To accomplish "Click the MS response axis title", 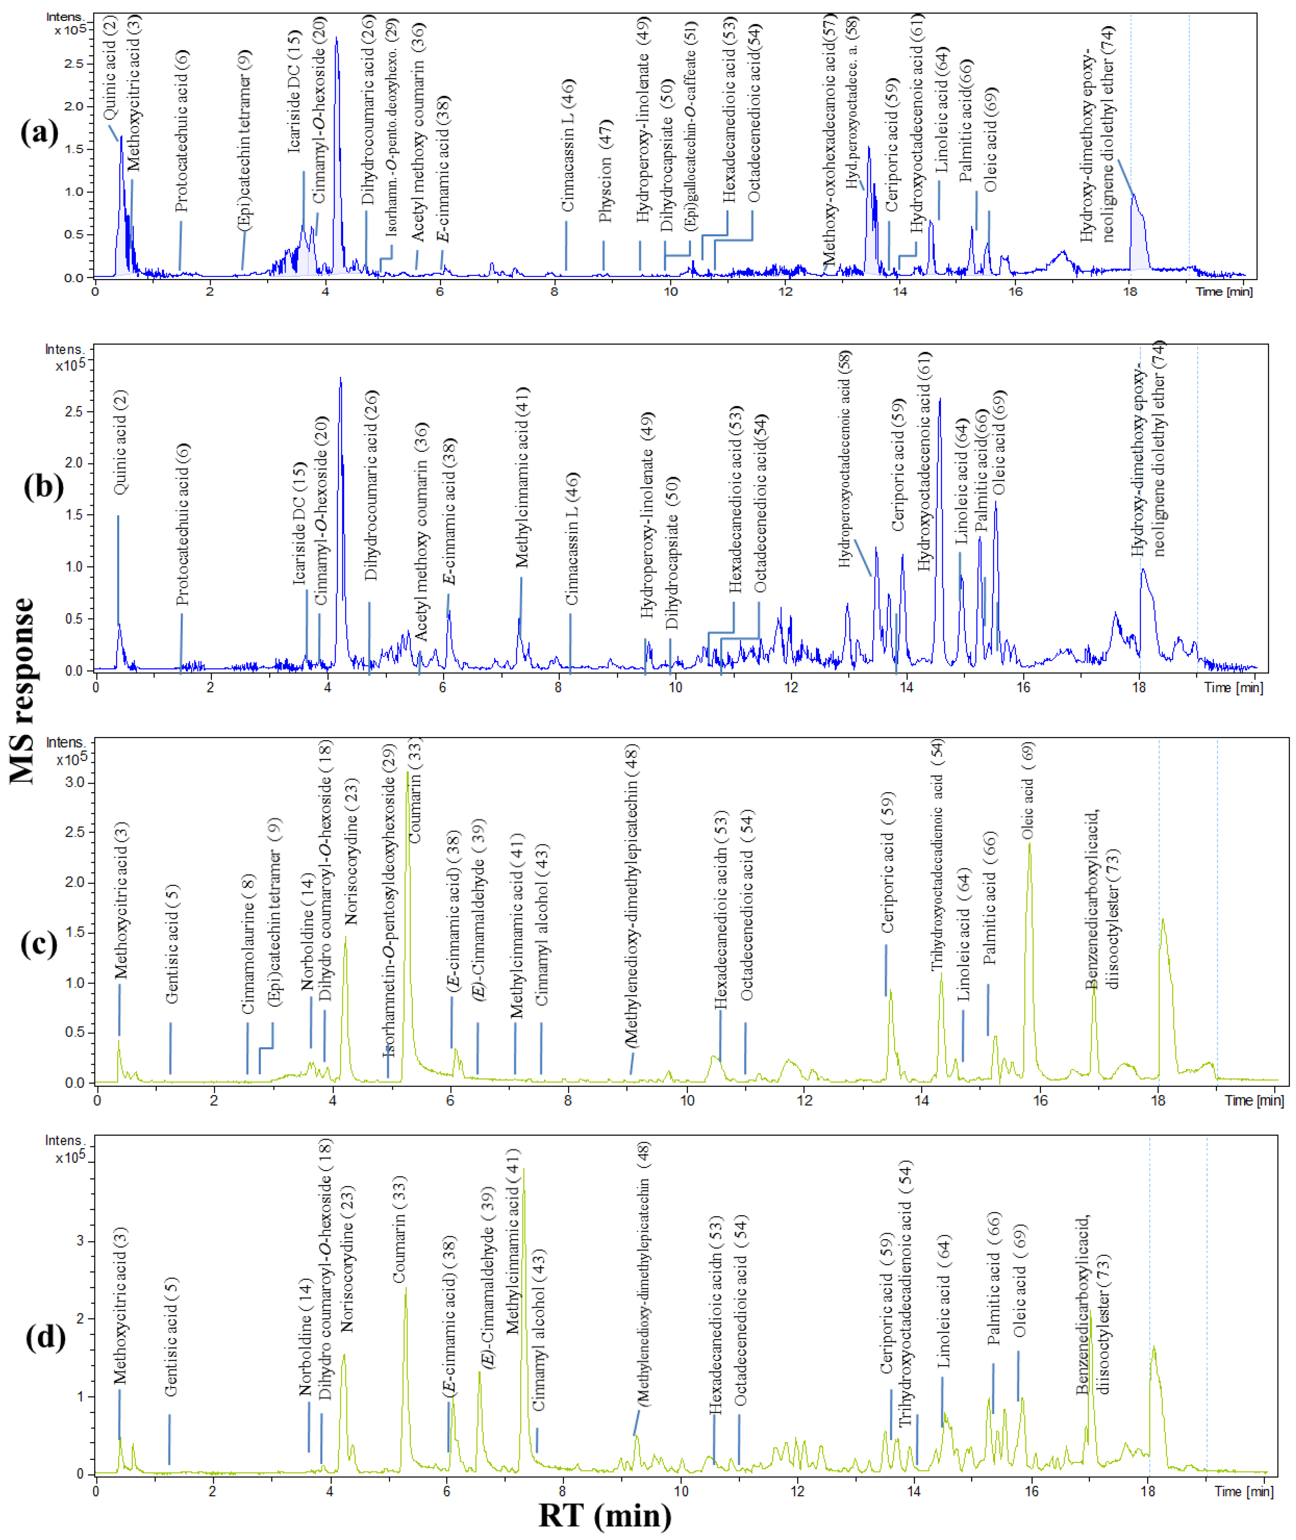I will [23, 691].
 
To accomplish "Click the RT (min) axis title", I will [605, 1515].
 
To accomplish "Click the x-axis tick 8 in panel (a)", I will [555, 291].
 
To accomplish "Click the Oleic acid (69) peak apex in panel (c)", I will [1029, 844].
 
